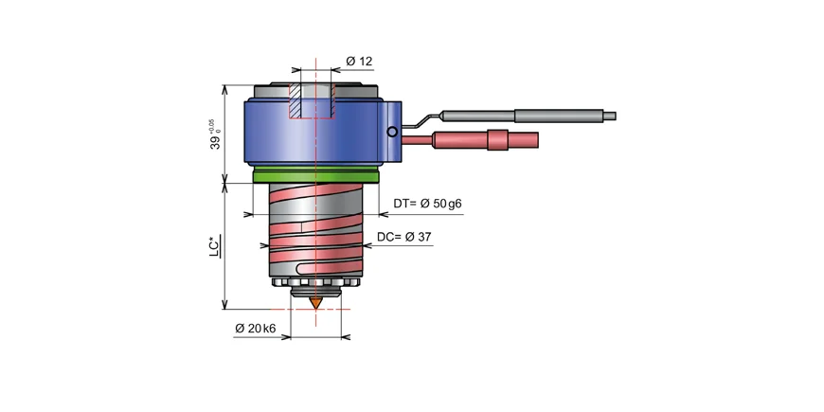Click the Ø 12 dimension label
359,62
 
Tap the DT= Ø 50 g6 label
427,204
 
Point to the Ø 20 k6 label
255,329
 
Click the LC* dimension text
216,245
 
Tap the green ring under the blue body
316,174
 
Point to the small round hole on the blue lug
391,133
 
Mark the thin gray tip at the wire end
610,116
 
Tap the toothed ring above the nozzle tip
314,284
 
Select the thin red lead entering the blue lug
417,141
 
